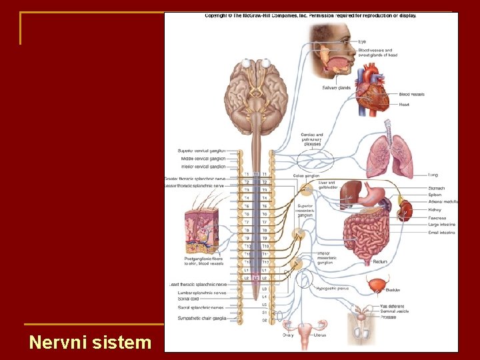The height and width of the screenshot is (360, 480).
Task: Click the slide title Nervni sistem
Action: [91, 343]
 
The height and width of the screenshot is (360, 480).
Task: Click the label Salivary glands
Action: [336, 87]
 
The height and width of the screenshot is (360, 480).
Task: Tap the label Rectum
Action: [380, 262]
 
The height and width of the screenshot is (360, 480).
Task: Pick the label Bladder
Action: [393, 290]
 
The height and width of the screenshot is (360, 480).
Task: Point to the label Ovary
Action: [287, 335]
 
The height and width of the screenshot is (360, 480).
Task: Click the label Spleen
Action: [436, 195]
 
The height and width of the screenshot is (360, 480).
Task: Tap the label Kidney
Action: [435, 210]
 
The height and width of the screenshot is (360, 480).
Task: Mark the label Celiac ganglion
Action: [306, 176]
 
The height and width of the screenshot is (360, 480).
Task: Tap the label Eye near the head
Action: [362, 42]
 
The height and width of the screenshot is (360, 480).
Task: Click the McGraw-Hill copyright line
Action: [310, 15]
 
